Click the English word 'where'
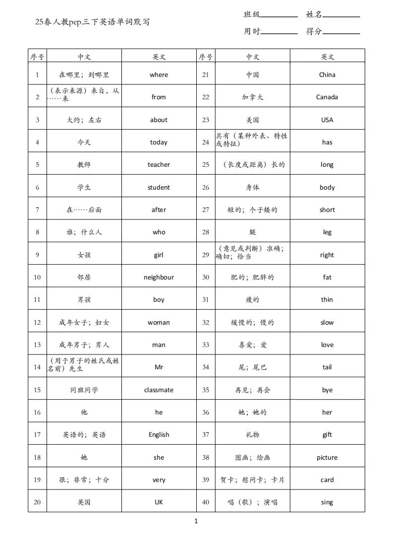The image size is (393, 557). point(159,75)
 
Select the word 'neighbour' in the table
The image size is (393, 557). point(159,278)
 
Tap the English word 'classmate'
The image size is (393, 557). point(159,390)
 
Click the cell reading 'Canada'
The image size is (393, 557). point(327,97)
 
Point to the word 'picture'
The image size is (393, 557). point(327,458)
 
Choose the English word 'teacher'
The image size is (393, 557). point(159,165)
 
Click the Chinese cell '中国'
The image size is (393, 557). point(253,75)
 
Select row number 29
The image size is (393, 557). point(206,255)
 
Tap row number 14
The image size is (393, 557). point(37,367)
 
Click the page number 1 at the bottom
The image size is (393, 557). point(196,521)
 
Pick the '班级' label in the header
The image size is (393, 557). point(251,15)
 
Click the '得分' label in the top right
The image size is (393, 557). point(314,31)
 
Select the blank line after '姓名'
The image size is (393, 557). point(341,16)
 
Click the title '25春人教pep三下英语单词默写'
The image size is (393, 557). point(93,22)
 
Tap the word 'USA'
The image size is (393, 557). point(327,120)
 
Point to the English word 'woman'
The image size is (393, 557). point(159,323)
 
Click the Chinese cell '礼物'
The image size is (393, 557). point(253,435)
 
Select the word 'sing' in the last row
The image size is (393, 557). point(327,502)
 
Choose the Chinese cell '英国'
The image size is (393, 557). point(84,502)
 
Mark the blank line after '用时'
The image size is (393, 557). point(279,33)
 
